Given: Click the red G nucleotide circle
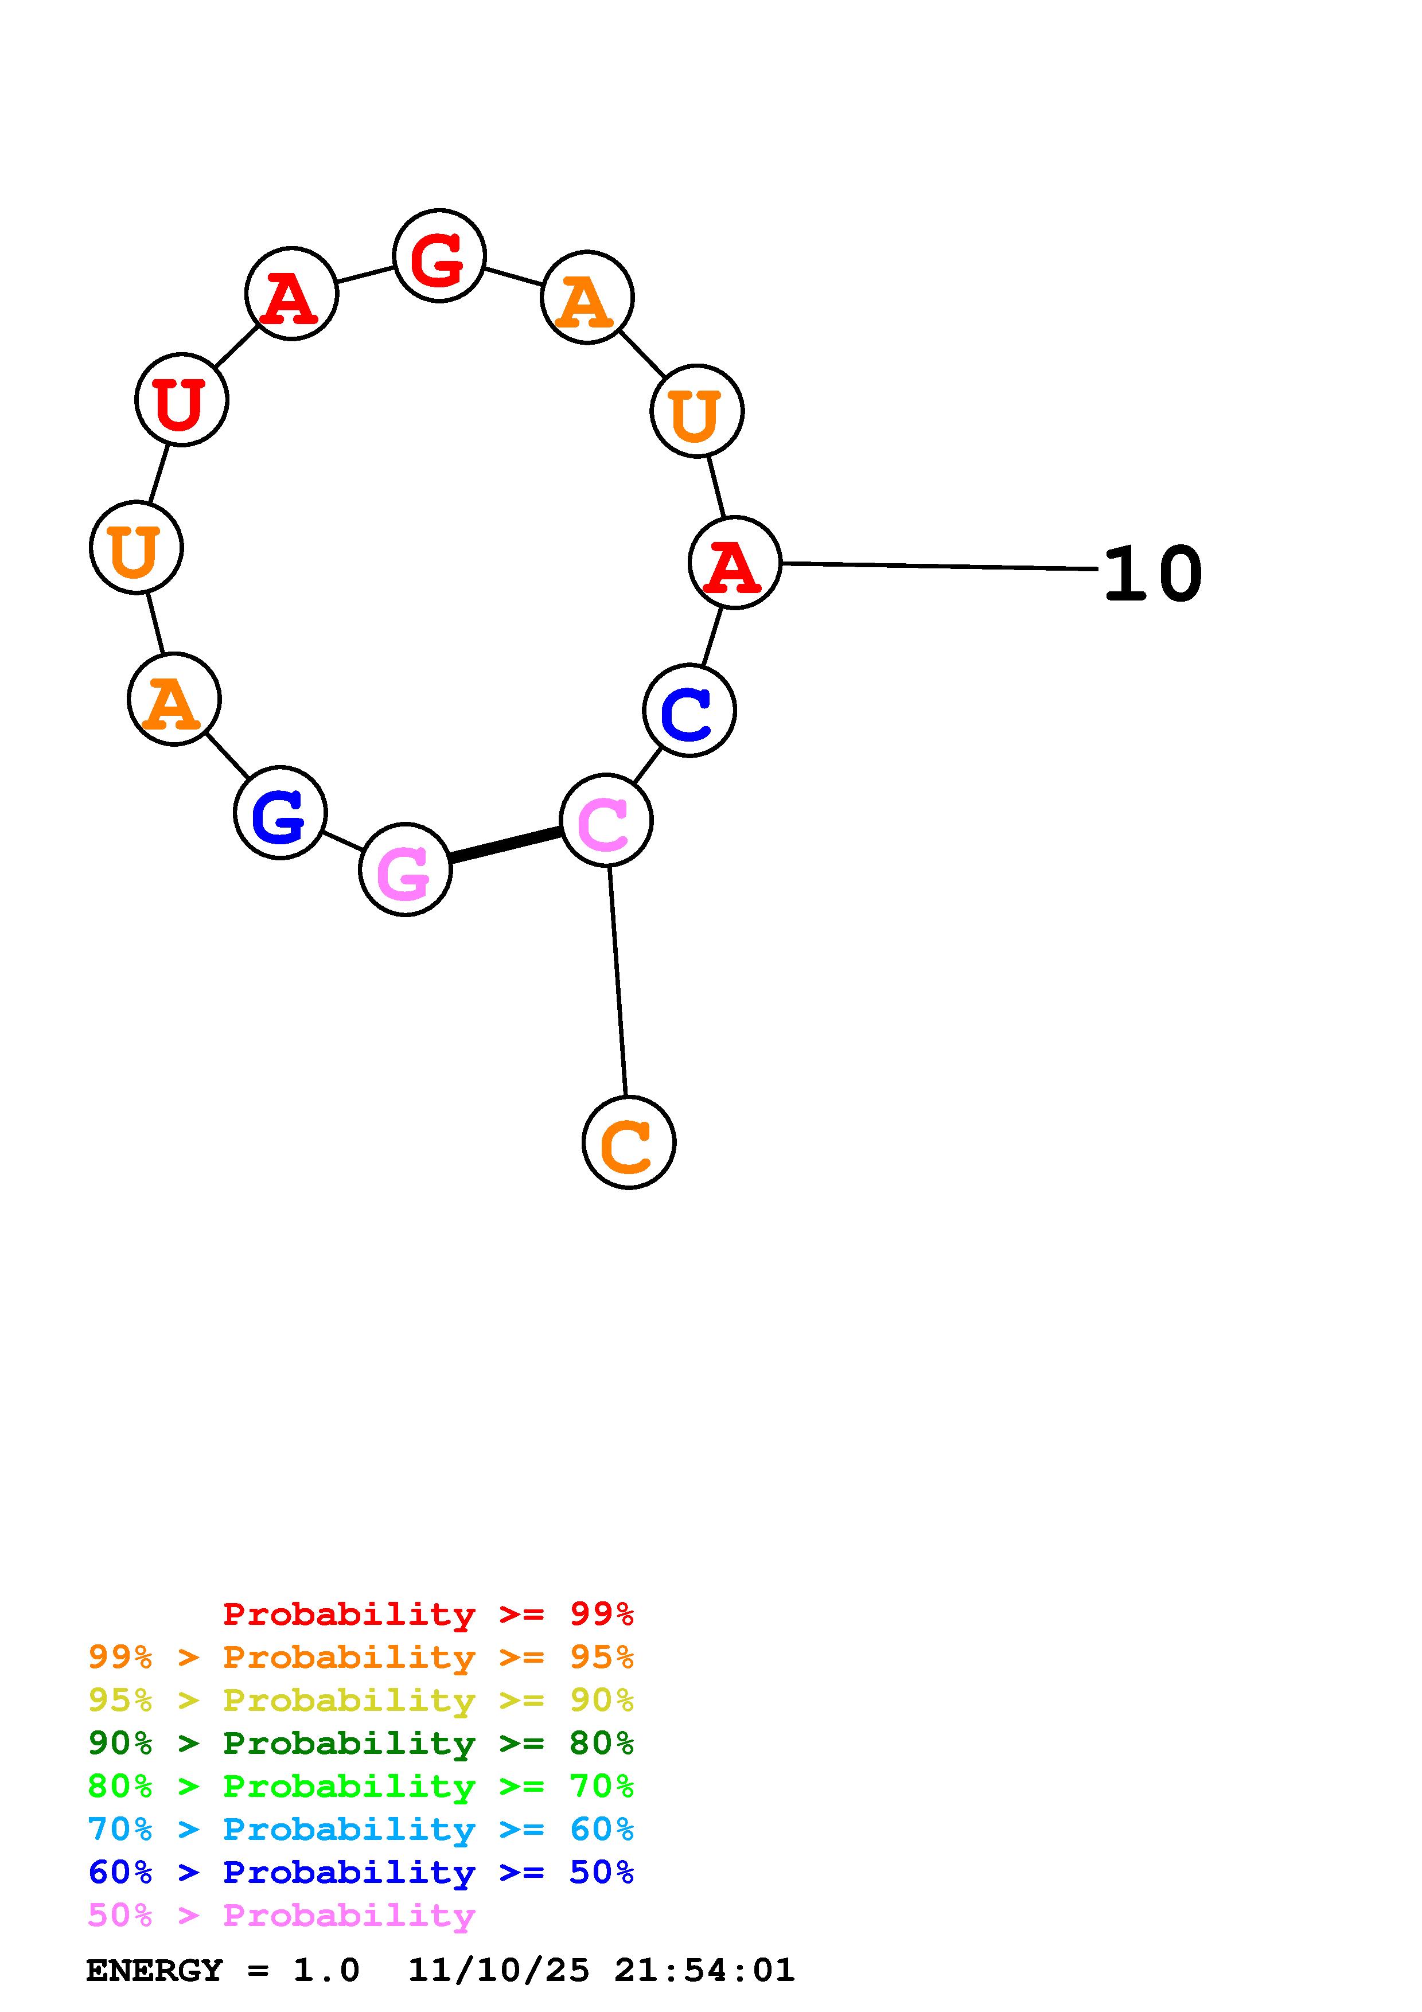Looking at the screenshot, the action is tap(439, 256).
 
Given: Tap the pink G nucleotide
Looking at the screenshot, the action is tap(405, 869).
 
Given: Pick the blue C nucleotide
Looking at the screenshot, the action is tap(689, 711).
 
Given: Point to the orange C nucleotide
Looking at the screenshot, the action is tap(628, 1143).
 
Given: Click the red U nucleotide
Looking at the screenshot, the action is tap(181, 400).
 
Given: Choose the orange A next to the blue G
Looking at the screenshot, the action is tap(173, 699).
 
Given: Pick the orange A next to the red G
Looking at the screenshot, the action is tap(587, 297).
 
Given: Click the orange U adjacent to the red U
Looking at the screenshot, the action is tap(136, 548).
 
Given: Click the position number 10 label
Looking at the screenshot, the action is tap(1152, 575).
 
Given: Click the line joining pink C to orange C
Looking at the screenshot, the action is tap(618, 981).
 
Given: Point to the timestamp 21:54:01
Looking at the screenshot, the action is tap(704, 1971).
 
